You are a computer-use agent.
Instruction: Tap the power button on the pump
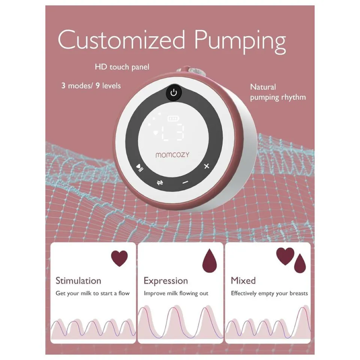coord(174,93)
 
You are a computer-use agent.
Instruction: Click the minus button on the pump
coord(185,182)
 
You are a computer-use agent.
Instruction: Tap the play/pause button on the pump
coord(139,168)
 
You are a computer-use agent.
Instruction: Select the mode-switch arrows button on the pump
coord(160,183)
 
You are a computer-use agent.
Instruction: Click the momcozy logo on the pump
coord(172,155)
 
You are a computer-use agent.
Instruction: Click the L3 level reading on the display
coord(173,132)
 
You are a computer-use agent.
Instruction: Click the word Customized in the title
coord(121,39)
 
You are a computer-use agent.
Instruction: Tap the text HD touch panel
coord(122,67)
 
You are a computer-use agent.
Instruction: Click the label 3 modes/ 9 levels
coord(91,85)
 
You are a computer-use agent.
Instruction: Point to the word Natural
coord(263,87)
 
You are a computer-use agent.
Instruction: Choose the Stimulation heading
coord(78,280)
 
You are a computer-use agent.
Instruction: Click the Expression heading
coord(166,281)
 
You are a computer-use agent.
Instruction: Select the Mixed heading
coord(243,280)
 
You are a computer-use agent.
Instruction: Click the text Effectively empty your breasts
coord(269,293)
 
